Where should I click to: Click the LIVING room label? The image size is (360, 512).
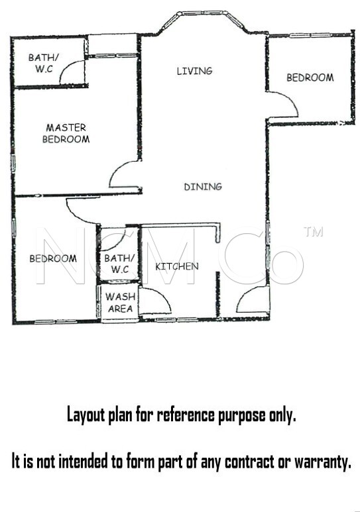pos(194,71)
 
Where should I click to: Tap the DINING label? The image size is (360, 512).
pos(203,187)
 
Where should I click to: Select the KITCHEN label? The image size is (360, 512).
pos(177,266)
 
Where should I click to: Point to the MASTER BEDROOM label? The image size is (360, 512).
pos(66,133)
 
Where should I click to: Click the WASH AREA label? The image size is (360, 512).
pos(120,303)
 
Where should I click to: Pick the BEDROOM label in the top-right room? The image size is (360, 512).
pos(310,77)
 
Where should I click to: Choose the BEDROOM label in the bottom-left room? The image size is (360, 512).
pos(53,258)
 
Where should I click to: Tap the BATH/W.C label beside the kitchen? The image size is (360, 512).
pos(119,264)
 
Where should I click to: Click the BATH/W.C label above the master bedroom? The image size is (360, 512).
pos(44,63)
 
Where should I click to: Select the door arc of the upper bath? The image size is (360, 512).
pos(67,67)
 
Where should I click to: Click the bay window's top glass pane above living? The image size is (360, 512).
pos(202,13)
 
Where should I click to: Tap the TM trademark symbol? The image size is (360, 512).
pos(314,232)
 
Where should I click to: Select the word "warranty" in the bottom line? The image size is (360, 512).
pos(323,462)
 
